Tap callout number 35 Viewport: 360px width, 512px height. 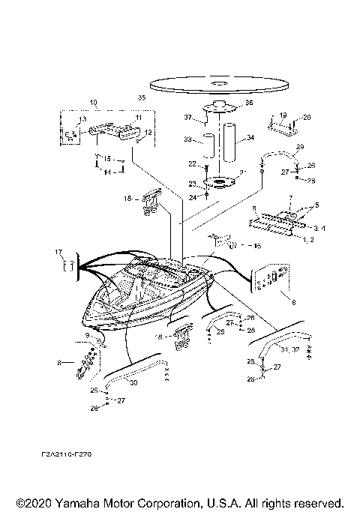(142, 98)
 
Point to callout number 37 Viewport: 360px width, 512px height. (190, 118)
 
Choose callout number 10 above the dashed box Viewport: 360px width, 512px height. (93, 101)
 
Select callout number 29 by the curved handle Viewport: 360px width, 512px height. (300, 147)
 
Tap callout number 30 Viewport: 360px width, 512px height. (133, 383)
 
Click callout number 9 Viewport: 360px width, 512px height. (87, 334)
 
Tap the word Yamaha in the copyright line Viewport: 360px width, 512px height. (84, 502)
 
